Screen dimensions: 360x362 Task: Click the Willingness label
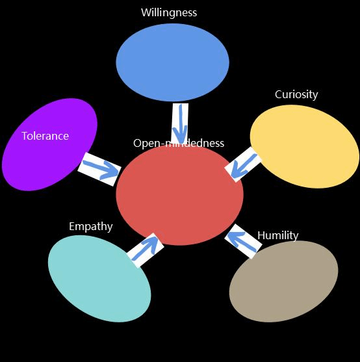169,13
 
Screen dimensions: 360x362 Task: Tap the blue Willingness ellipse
173,62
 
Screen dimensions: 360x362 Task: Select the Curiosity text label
296,95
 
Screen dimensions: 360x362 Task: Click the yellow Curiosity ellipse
305,146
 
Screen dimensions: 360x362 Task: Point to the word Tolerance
45,136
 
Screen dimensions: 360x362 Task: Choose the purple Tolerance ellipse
49,144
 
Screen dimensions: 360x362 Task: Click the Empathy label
91,227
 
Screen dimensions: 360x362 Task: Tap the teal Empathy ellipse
99,279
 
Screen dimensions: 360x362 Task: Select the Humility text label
278,236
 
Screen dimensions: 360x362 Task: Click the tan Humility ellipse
283,281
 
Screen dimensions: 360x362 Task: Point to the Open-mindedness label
179,144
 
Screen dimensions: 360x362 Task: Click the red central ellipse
179,195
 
